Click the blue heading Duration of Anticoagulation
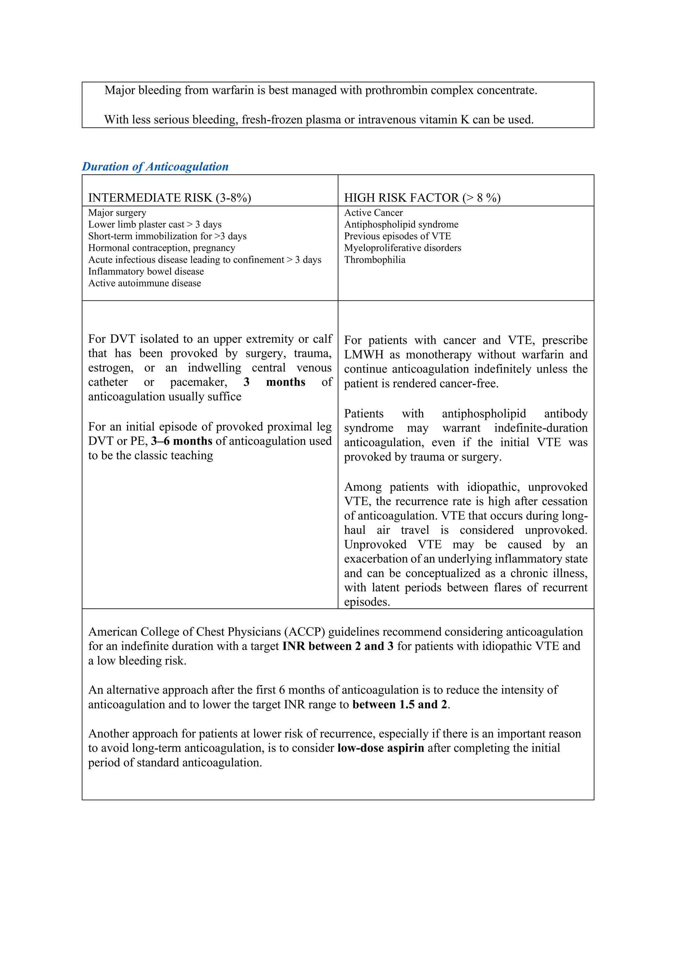click(155, 167)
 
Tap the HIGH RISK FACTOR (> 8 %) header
click(422, 197)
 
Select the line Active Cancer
click(373, 213)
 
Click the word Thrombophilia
click(374, 260)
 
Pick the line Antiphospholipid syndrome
click(401, 224)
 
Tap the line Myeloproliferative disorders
click(402, 248)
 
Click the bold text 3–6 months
click(182, 441)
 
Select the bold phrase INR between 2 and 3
click(338, 646)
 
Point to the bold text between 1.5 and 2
click(400, 704)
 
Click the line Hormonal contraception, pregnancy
click(161, 248)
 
